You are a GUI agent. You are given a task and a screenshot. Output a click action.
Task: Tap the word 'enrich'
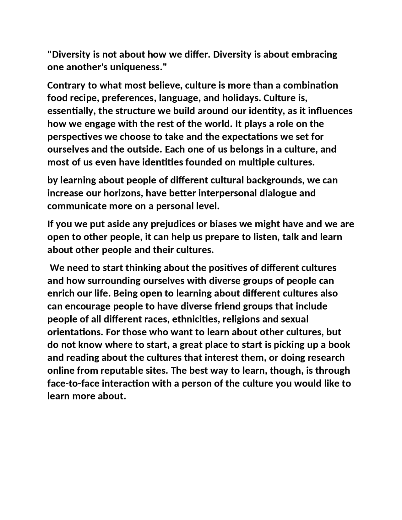(61, 294)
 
